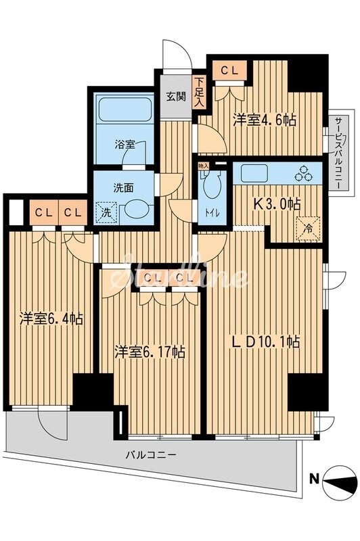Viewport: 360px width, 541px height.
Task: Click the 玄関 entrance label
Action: coord(177,96)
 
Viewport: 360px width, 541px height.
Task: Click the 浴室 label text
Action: coord(124,144)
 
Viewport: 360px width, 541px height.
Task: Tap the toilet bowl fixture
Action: coord(210,185)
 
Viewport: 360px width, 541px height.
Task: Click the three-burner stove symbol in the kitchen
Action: coord(303,174)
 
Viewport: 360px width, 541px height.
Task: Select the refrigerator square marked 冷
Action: coord(307,227)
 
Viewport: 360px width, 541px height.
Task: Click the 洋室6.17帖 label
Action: coord(149,352)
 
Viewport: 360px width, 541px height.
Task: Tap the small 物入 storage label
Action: coord(204,164)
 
